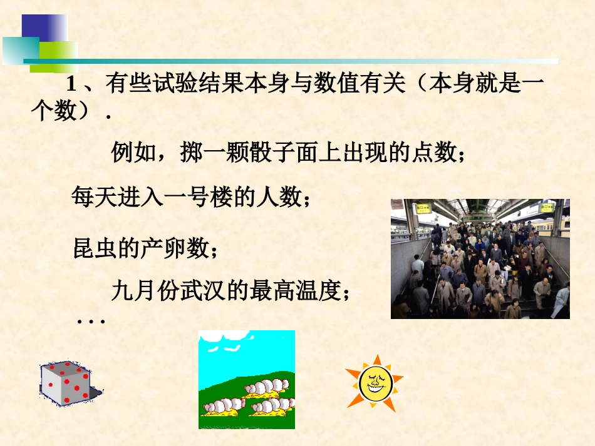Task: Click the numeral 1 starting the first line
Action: click(x=71, y=84)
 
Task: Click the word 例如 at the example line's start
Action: click(x=130, y=152)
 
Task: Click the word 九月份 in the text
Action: click(x=146, y=290)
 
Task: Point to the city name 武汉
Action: click(x=204, y=290)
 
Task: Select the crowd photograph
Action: click(x=480, y=258)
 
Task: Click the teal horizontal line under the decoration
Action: click(x=288, y=61)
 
